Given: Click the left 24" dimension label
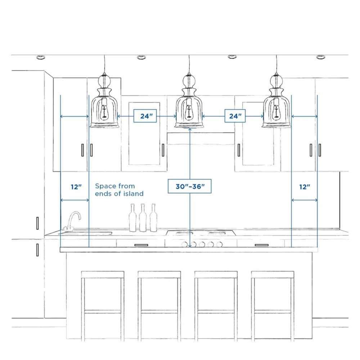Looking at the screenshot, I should pyautogui.click(x=147, y=116).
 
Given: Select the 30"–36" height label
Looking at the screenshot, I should pyautogui.click(x=190, y=186).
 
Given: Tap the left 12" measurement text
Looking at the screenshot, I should pyautogui.click(x=76, y=187).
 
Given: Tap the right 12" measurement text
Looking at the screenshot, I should pyautogui.click(x=305, y=187).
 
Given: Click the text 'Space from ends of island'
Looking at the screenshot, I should pyautogui.click(x=119, y=190).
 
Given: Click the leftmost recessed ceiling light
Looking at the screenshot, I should pyautogui.click(x=40, y=57).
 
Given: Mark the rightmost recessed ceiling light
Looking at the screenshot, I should pyautogui.click(x=320, y=57).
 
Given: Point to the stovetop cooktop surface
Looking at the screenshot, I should pyautogui.click(x=201, y=233).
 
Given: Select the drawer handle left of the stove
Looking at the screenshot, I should pyautogui.click(x=141, y=245).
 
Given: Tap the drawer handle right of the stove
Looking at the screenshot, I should pyautogui.click(x=261, y=245).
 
